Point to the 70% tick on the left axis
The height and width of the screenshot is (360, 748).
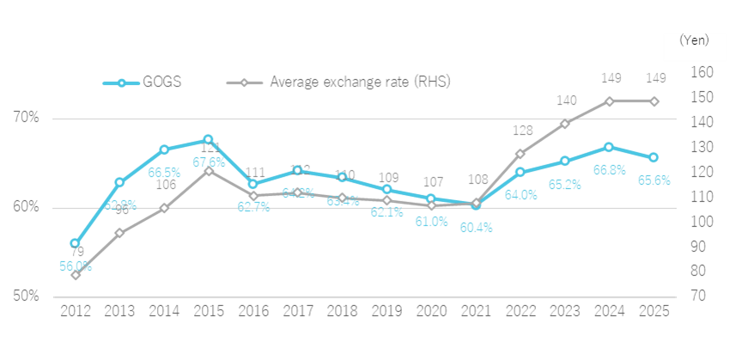(x=26, y=118)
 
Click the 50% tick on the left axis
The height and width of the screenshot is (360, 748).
(x=26, y=296)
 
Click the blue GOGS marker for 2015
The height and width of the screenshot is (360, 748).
(x=209, y=139)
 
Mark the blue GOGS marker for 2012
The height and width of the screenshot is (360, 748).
(x=76, y=243)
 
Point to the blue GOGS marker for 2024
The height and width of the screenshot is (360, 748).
(x=610, y=147)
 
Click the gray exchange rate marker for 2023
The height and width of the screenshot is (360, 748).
(x=565, y=124)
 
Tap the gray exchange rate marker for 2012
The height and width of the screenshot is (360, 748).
(x=76, y=275)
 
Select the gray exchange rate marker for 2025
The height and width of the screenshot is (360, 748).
(x=654, y=101)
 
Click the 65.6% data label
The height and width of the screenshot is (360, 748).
(x=654, y=180)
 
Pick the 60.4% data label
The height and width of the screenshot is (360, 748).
(x=477, y=228)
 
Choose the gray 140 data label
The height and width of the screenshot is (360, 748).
(x=566, y=101)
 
